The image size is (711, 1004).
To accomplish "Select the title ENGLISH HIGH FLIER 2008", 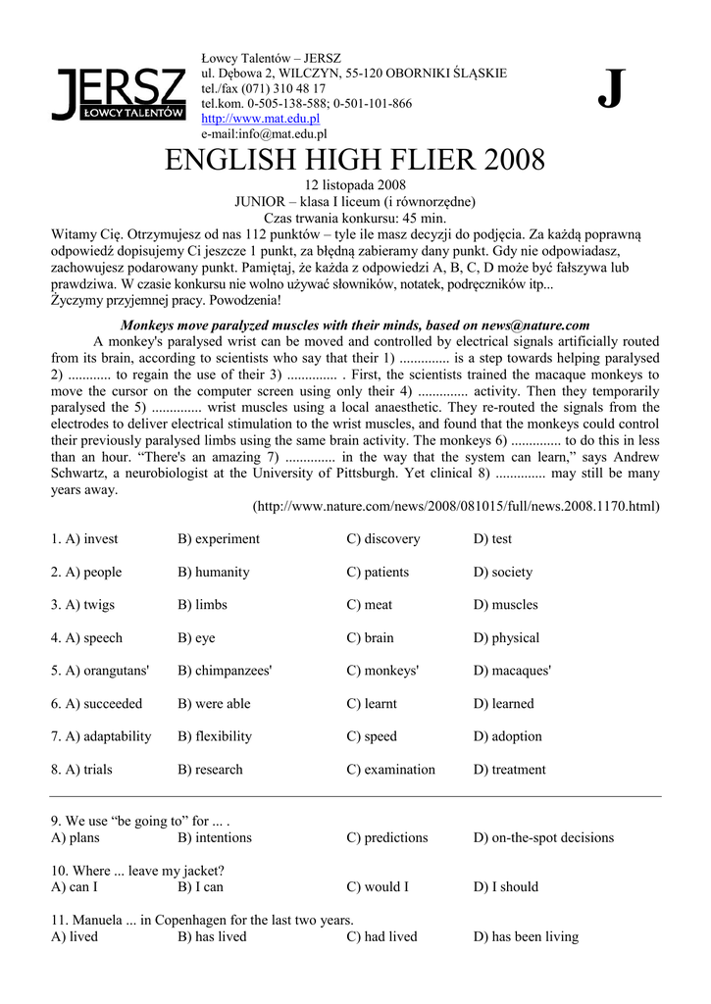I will tap(355, 160).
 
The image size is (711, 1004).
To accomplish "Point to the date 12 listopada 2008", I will tap(355, 185).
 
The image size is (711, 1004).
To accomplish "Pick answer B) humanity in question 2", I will tap(213, 572).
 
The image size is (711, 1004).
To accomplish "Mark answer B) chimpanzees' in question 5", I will tap(225, 671).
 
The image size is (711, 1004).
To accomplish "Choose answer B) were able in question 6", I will tap(214, 704).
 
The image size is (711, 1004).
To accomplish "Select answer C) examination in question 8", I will tap(390, 770).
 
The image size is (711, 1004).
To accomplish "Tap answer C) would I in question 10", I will tap(378, 887).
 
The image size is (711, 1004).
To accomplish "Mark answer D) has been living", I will tap(526, 936).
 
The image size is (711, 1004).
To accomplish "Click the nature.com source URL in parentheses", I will tap(456, 507).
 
